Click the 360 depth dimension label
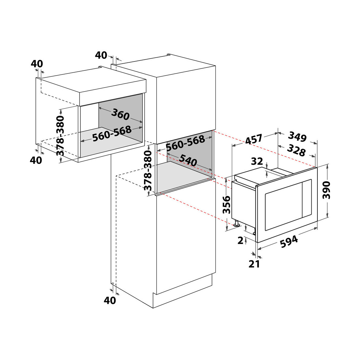tap(120, 114)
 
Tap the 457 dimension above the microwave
tap(254, 139)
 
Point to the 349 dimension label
tap(297, 136)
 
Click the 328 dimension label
tap(296, 150)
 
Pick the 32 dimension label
tap(257, 161)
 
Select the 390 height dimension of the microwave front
tap(326, 190)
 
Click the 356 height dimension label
tap(226, 204)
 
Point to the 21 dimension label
tap(254, 264)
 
